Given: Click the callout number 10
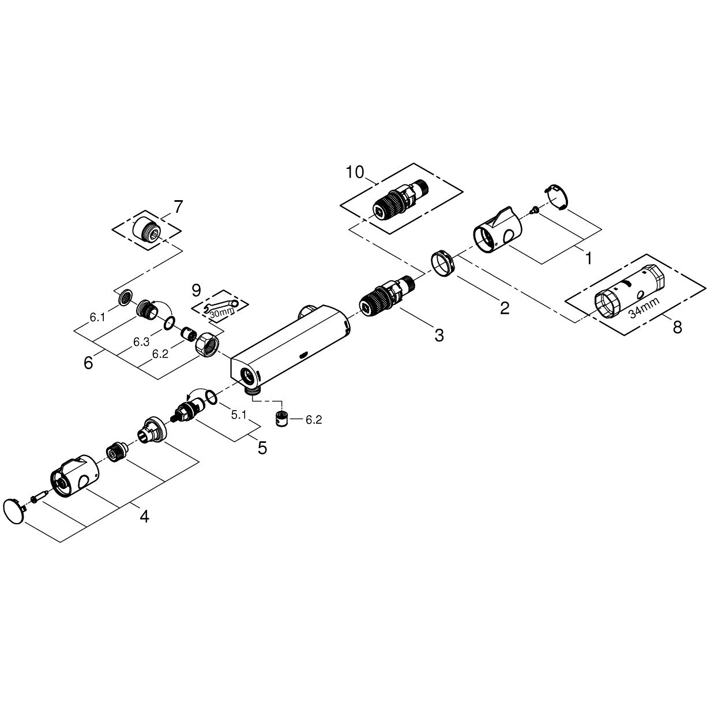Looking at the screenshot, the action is point(355,172).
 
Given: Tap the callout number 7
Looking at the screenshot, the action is point(178,207).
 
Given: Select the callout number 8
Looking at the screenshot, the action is point(677,326).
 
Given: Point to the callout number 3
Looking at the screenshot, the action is point(439,336).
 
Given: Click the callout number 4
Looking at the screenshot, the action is point(145,517).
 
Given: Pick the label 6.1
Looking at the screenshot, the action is point(97,318).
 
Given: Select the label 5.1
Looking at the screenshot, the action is point(239,415).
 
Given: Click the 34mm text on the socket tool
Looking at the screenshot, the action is point(644,307).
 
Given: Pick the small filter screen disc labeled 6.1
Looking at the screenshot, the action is point(126,296).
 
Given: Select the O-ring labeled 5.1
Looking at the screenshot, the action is point(210,397).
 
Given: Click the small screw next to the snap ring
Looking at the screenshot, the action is point(534,209).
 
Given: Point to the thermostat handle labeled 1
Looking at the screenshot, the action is point(499,230).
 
